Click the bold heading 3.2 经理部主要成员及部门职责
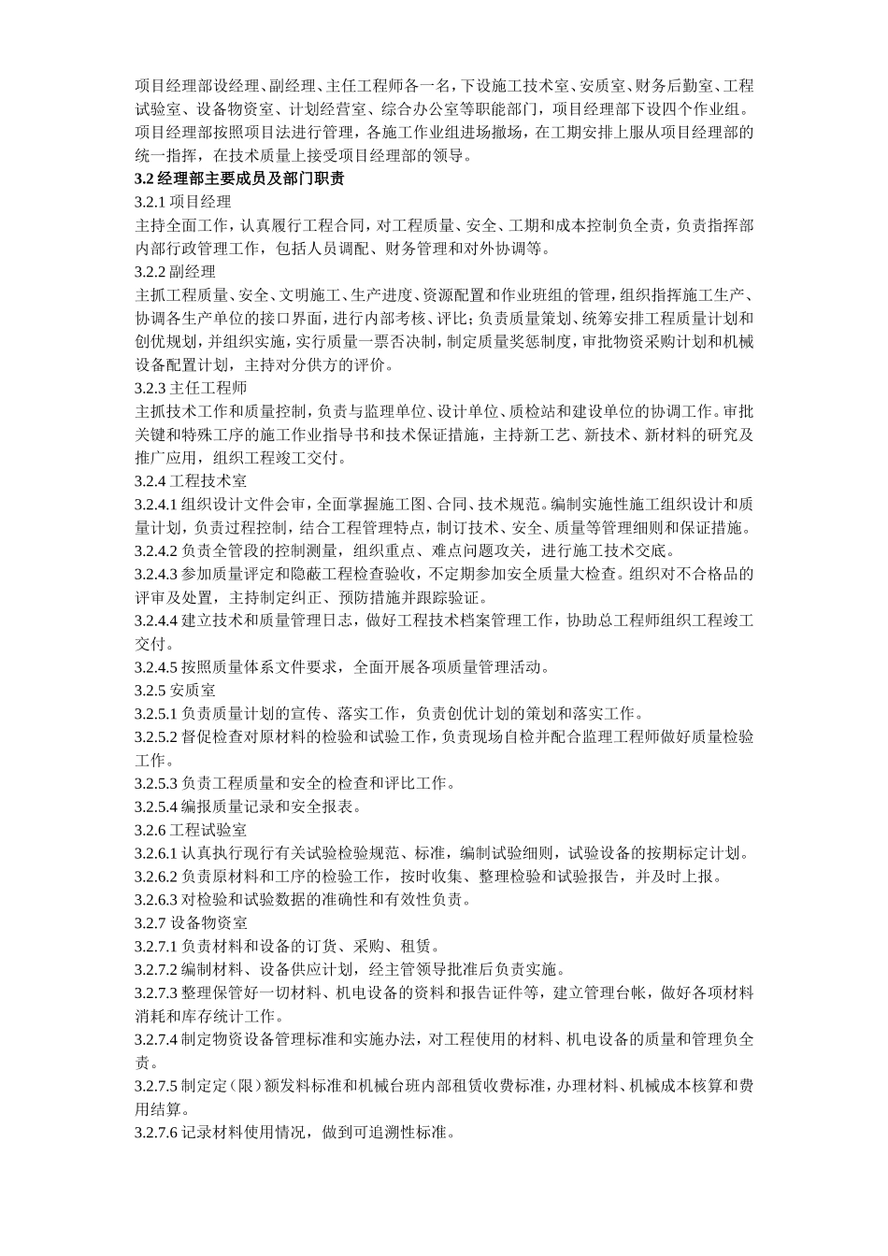click(239, 178)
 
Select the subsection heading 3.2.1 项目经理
click(182, 202)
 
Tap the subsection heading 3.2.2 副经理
click(175, 272)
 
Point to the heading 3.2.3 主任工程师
click(190, 388)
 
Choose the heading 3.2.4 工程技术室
click(190, 481)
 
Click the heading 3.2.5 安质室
click(175, 691)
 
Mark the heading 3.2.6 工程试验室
click(190, 830)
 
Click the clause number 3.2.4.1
click(156, 505)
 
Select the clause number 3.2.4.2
click(156, 550)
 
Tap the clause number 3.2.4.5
click(156, 667)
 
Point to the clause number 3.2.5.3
click(156, 783)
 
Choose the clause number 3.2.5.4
click(156, 806)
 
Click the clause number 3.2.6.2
click(156, 877)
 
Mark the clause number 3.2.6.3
click(156, 900)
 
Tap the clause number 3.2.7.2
click(156, 969)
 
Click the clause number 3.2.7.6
click(156, 1133)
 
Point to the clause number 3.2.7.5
click(156, 1086)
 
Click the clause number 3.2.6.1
click(156, 853)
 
